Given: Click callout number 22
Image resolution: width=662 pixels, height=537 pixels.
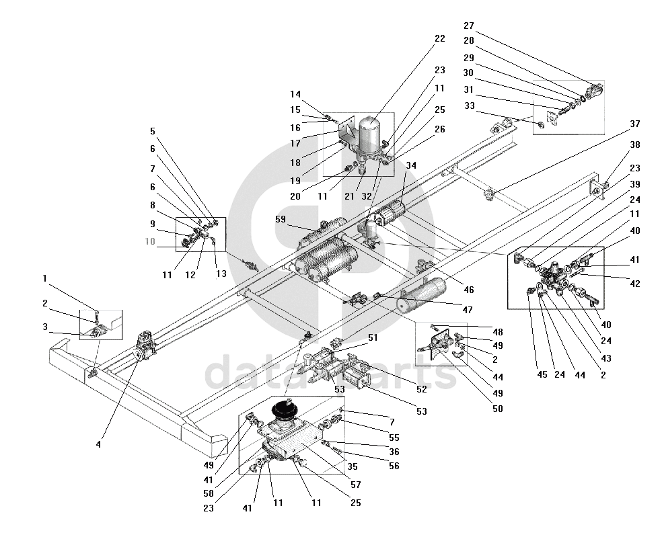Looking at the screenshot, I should tap(439, 38).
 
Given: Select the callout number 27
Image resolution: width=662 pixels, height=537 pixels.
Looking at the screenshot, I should tap(469, 26).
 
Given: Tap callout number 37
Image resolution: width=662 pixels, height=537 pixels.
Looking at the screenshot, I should tap(635, 124).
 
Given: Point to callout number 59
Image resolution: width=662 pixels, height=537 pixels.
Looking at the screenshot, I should tap(281, 219).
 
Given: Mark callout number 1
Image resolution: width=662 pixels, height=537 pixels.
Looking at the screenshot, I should tap(44, 278).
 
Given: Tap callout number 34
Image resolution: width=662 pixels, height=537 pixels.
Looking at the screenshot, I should tap(411, 165).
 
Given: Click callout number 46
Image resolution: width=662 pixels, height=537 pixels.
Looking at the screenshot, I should tap(469, 290).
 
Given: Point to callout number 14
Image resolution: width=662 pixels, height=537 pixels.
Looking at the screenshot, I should tap(296, 95).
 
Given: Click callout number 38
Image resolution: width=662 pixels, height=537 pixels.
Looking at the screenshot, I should tap(635, 144).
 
